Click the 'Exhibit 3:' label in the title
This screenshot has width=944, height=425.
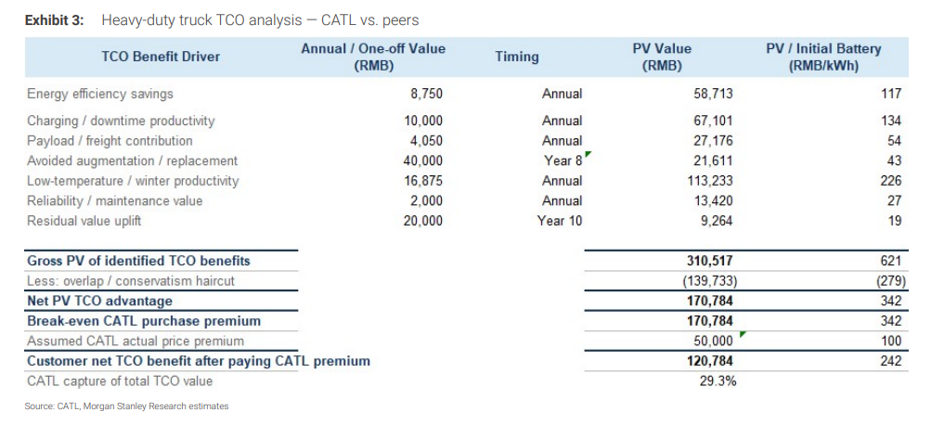click(x=58, y=20)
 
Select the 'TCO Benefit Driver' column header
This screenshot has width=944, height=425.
click(x=161, y=58)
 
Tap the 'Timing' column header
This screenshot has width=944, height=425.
click(x=516, y=58)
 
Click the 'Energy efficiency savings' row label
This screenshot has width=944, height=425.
click(x=100, y=94)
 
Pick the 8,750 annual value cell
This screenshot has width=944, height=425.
click(x=426, y=95)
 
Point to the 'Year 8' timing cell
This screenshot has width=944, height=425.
click(x=563, y=161)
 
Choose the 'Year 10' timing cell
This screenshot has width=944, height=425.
click(x=560, y=221)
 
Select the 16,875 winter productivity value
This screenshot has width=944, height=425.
click(x=422, y=181)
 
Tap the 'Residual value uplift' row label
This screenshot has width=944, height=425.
click(x=84, y=221)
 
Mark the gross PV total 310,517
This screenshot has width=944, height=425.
click(x=709, y=261)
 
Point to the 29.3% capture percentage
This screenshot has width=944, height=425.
click(x=718, y=381)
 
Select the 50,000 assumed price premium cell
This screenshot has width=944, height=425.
click(x=714, y=341)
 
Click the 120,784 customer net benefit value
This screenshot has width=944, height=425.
click(x=709, y=361)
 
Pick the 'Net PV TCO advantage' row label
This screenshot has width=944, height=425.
click(x=100, y=301)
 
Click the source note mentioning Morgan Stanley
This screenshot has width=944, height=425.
click(x=126, y=407)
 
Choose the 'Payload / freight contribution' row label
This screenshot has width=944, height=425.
click(x=110, y=141)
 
